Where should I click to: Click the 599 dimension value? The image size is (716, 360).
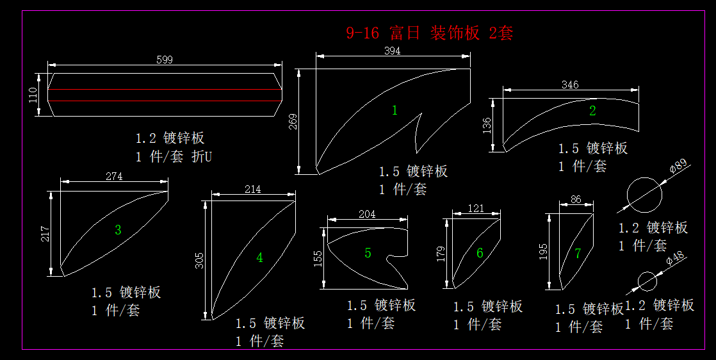(x=165, y=60)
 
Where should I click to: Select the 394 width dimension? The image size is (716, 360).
(x=392, y=51)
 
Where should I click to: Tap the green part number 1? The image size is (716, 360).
(x=395, y=110)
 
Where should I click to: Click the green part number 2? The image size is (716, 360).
(x=592, y=110)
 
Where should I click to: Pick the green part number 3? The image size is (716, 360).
(x=118, y=230)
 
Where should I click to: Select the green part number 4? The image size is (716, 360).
(x=259, y=258)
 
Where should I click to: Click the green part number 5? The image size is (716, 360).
(x=368, y=253)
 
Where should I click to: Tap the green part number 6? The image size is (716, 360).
(x=480, y=253)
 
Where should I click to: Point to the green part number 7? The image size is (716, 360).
(x=578, y=254)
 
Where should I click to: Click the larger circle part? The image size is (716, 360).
(x=644, y=195)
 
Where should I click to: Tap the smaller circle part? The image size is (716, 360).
(x=647, y=281)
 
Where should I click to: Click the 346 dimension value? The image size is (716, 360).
(x=570, y=85)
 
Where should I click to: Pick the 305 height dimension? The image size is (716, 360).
(x=199, y=259)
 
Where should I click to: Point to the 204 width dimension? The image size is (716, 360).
(x=367, y=215)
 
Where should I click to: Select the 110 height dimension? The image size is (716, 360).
(x=34, y=95)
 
